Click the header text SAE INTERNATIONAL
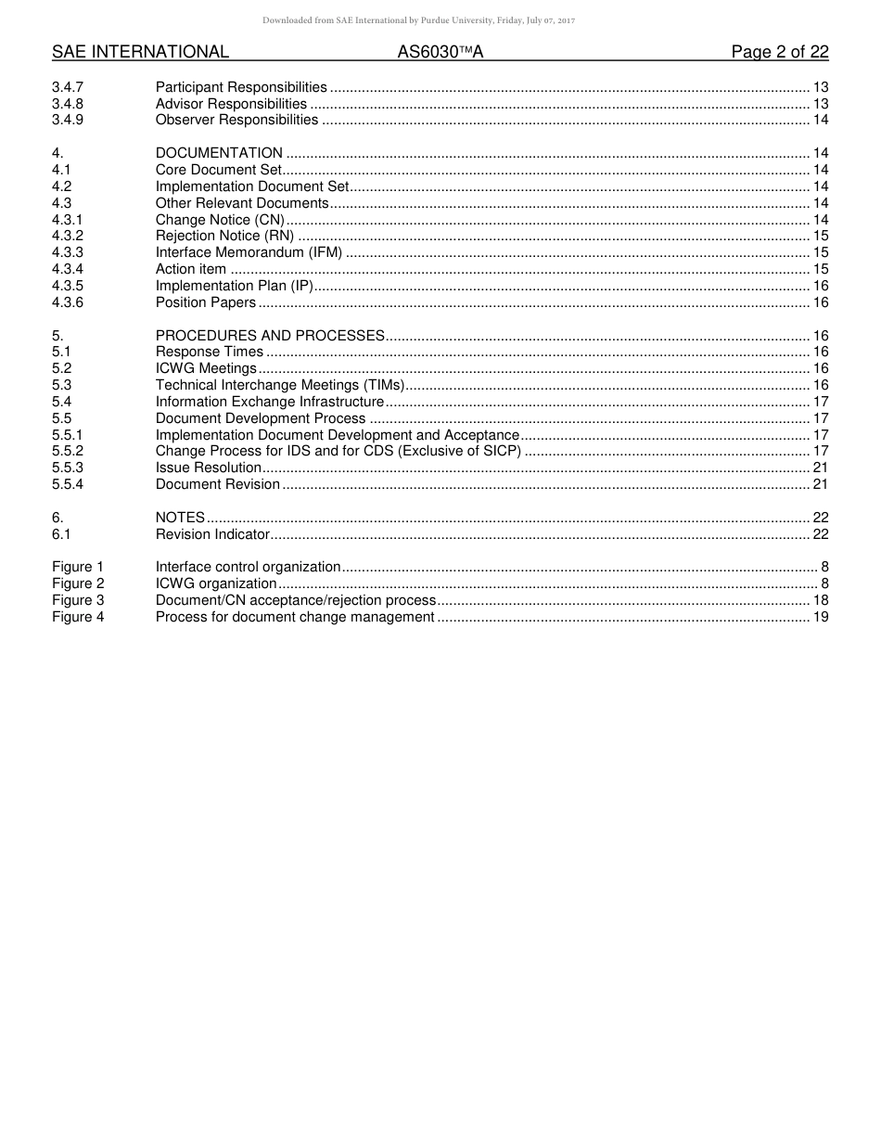tap(140, 52)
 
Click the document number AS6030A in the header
tap(440, 52)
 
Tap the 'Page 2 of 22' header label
tap(779, 52)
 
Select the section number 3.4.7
tap(68, 87)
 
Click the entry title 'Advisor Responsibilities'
tap(231, 104)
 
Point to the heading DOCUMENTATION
tap(219, 153)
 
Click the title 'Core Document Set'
tap(218, 170)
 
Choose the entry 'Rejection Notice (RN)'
tap(224, 236)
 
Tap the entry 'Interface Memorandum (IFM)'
tap(249, 252)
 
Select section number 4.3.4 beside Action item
tap(68, 269)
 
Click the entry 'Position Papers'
tap(205, 302)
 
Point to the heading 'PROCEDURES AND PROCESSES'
tap(270, 336)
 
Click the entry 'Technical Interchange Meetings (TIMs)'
tap(280, 385)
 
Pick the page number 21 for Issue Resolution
tap(820, 468)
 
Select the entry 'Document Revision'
tap(217, 484)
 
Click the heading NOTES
tap(180, 518)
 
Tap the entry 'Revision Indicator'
tap(212, 534)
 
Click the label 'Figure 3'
tap(78, 600)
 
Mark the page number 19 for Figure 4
tap(820, 617)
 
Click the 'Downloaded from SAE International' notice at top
tap(418, 20)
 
